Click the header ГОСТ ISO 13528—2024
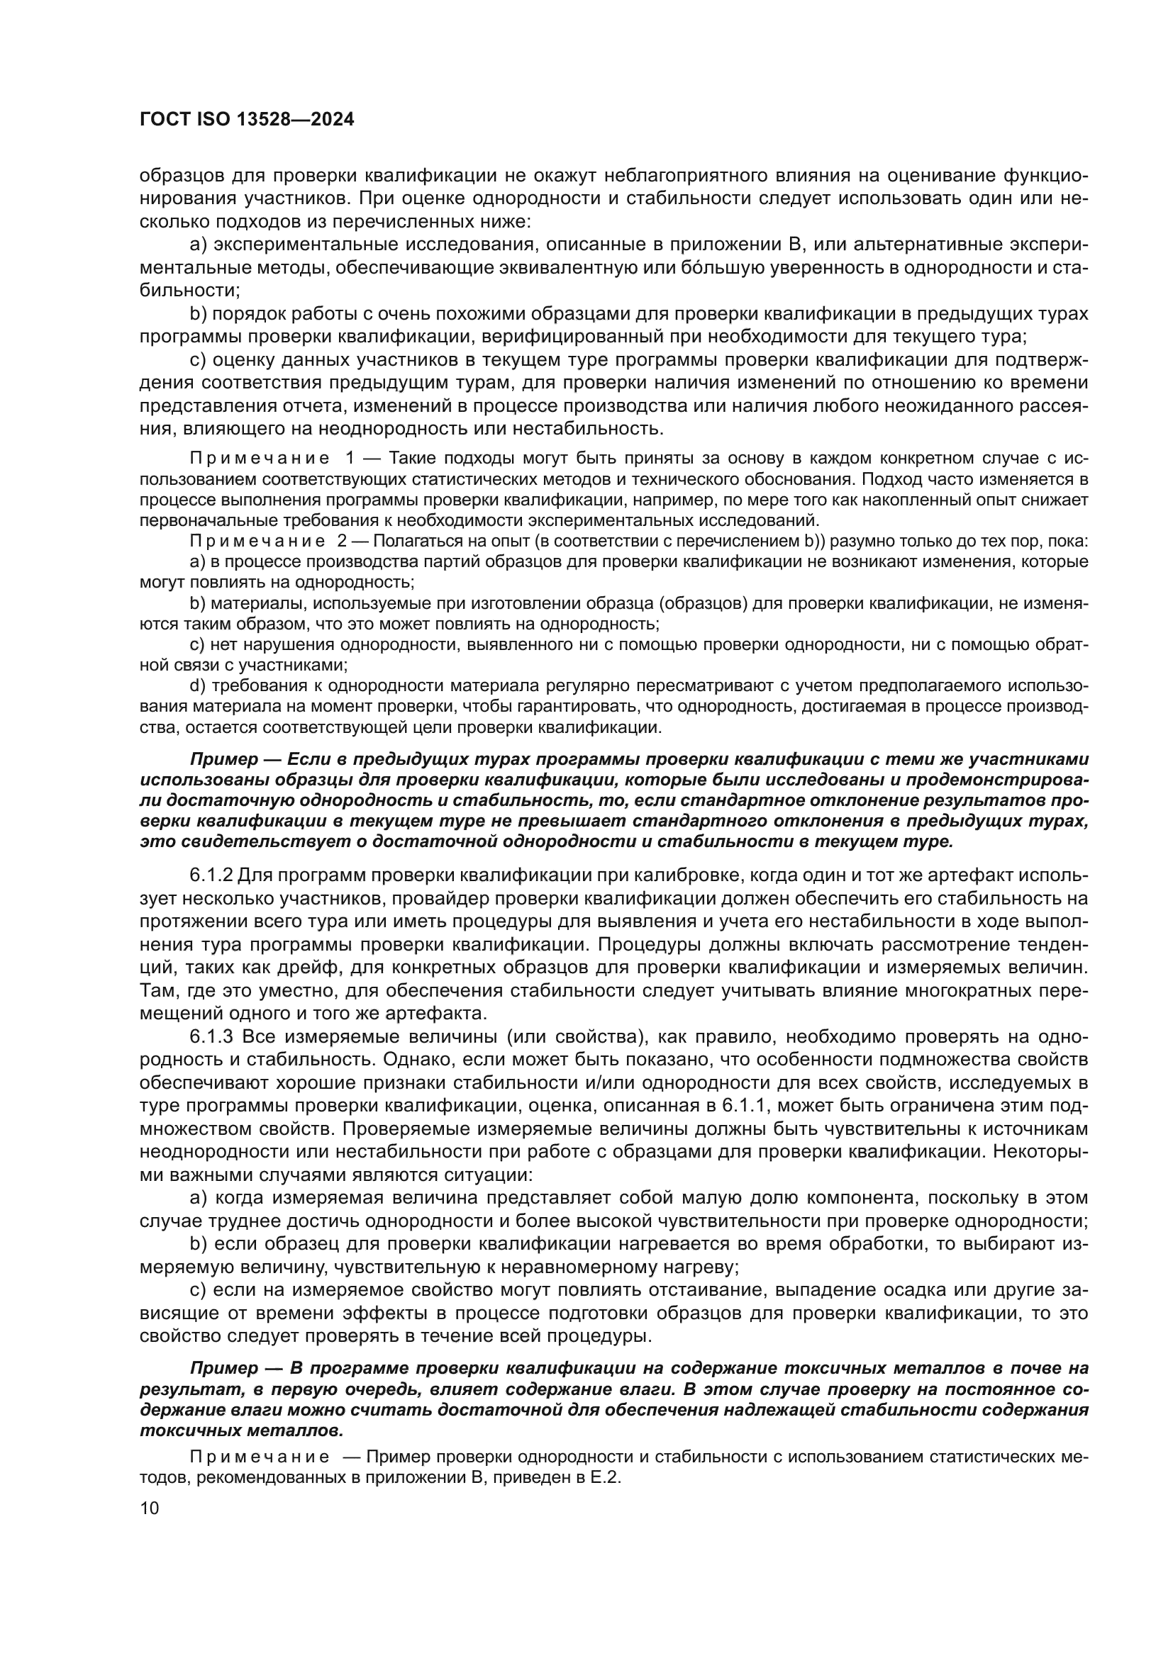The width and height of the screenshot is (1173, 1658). click(x=246, y=121)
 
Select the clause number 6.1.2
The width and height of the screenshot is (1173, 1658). click(x=211, y=875)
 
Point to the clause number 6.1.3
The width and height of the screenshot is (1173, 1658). click(x=211, y=1037)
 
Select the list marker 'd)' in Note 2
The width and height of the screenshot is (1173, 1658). click(x=197, y=685)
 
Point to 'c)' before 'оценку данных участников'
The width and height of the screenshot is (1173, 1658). click(x=198, y=360)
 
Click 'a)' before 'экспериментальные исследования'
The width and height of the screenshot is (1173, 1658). click(x=198, y=245)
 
